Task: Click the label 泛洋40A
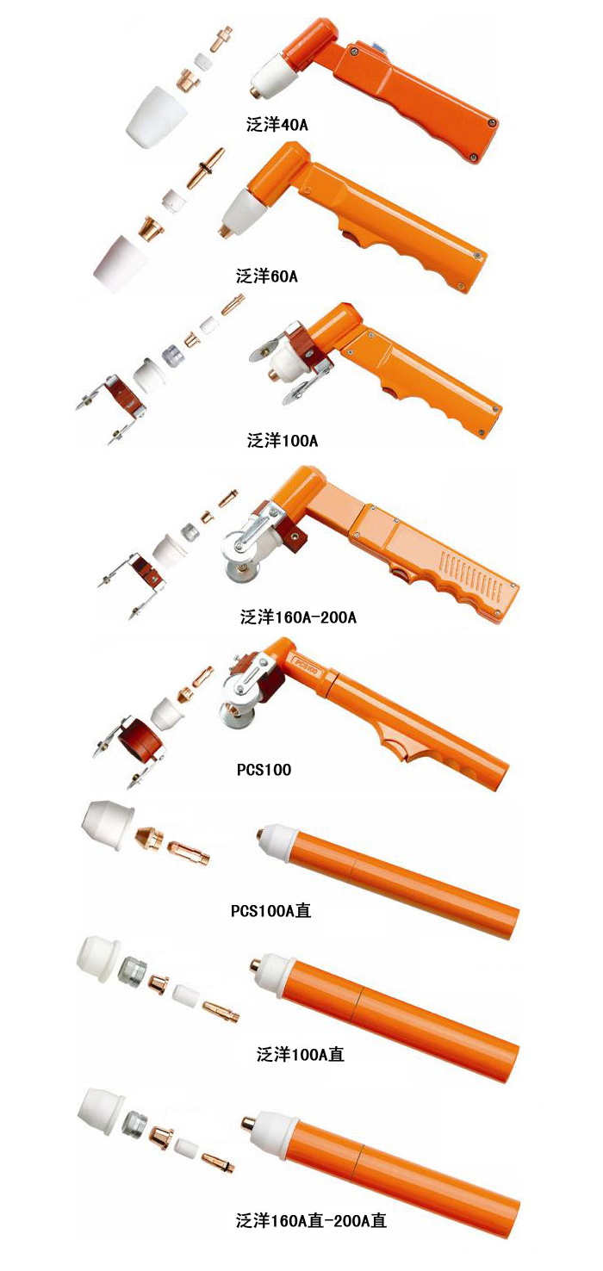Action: tap(277, 125)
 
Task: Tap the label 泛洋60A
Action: tap(266, 276)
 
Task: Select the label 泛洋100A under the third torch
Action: tap(283, 440)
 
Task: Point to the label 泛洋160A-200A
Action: tap(298, 617)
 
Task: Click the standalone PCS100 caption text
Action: tap(264, 770)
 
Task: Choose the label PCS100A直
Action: tap(270, 911)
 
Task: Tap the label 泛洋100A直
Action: tap(301, 1054)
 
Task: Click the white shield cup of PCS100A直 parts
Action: tap(109, 825)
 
